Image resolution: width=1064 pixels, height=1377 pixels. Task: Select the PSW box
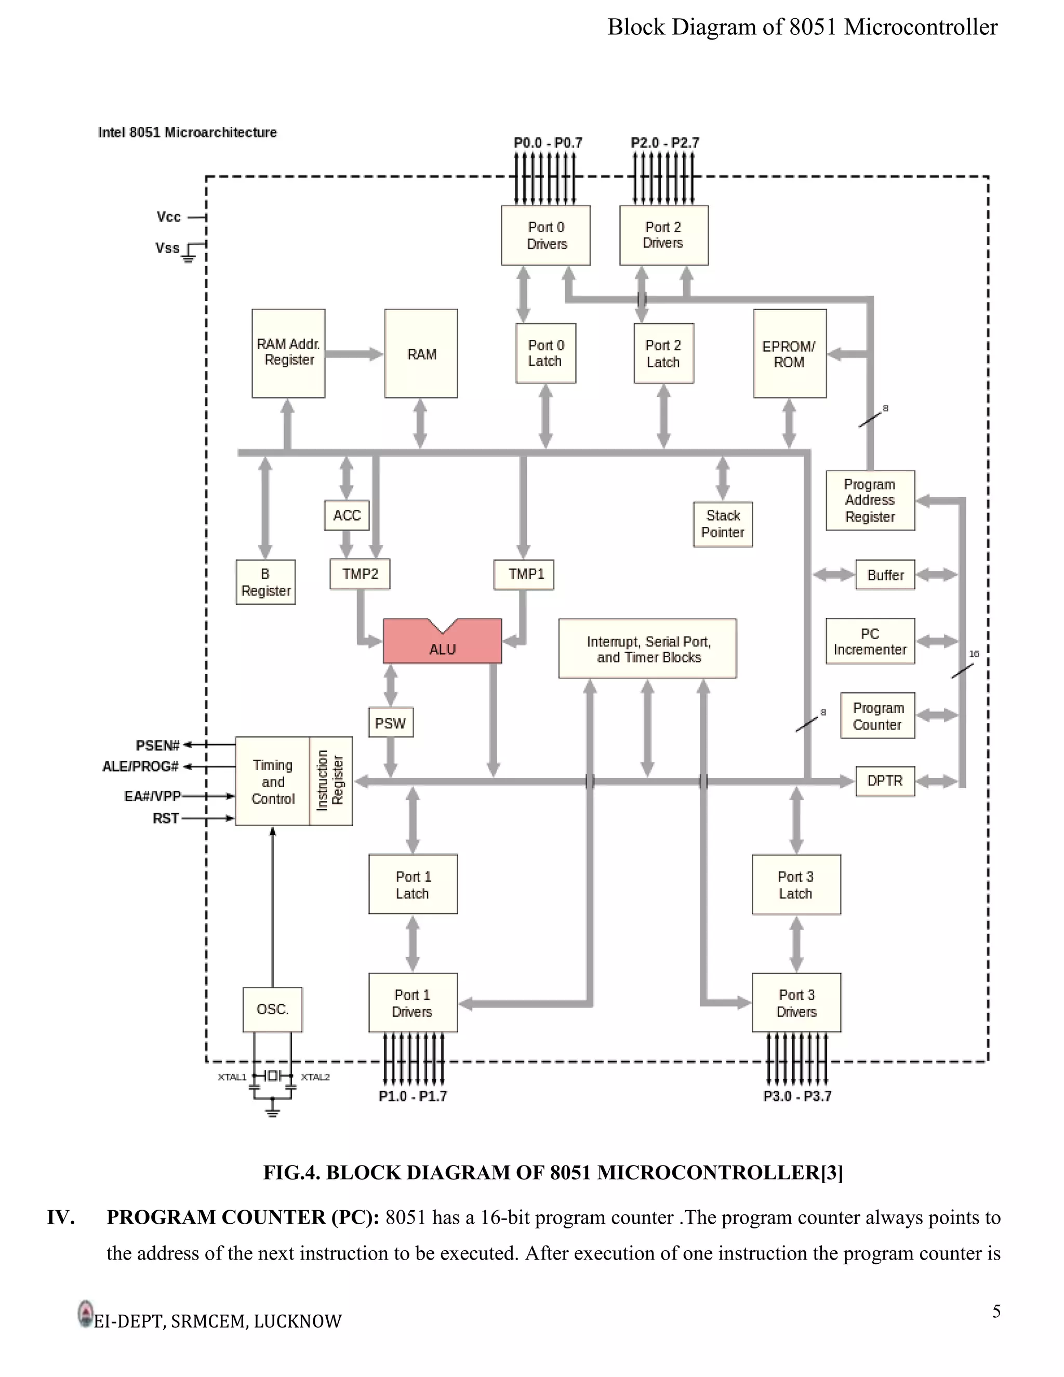click(x=391, y=723)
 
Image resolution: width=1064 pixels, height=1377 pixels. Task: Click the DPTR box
click(x=884, y=780)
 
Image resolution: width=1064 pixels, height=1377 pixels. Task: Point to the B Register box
click(x=265, y=582)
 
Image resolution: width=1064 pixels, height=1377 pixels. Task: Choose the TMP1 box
click(x=524, y=574)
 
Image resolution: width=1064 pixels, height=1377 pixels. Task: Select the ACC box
click(x=347, y=515)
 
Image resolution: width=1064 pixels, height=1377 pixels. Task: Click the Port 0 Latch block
click(x=545, y=353)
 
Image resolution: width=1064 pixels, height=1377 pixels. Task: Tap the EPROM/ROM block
click(x=789, y=354)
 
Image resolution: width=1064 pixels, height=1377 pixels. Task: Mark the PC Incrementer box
click(x=870, y=641)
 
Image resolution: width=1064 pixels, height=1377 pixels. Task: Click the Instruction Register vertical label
click(x=330, y=780)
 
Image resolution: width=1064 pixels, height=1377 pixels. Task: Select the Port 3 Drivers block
click(x=796, y=1002)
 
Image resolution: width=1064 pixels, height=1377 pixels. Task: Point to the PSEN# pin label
click(x=157, y=745)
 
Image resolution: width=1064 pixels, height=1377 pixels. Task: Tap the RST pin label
click(x=166, y=818)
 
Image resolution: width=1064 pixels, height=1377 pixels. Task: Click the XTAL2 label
click(x=315, y=1077)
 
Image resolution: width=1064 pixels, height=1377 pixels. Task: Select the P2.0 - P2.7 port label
click(x=664, y=142)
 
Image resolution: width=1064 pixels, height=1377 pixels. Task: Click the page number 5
click(x=996, y=1312)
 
